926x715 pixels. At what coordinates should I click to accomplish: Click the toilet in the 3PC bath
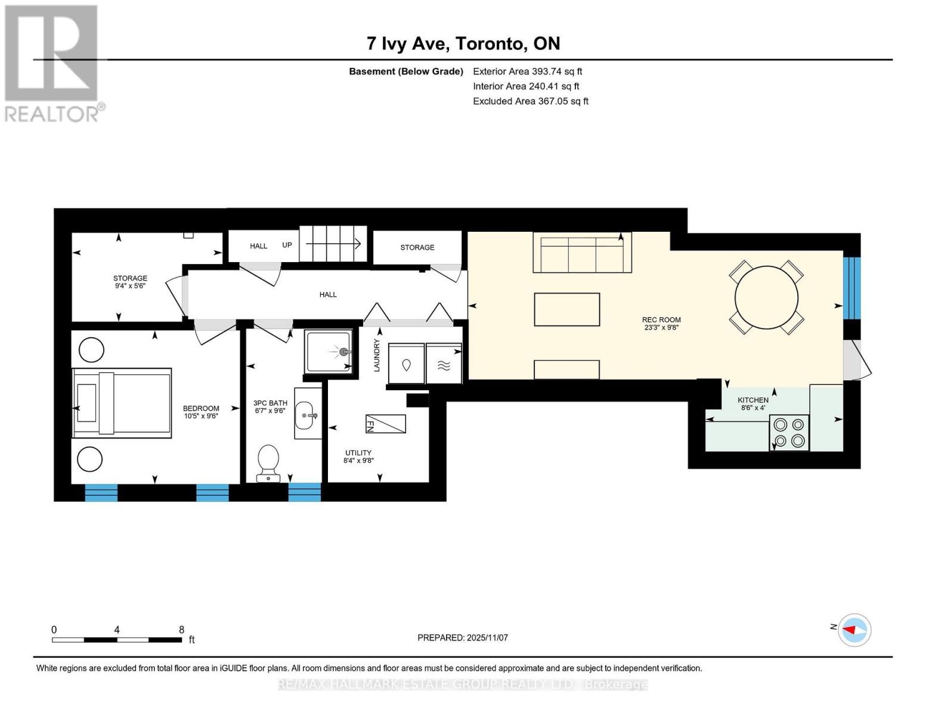[268, 464]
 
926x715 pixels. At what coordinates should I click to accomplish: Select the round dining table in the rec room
[766, 297]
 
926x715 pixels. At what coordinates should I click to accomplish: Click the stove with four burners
[789, 432]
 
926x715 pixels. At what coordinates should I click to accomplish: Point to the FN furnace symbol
[385, 424]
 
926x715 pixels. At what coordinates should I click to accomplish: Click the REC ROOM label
[661, 319]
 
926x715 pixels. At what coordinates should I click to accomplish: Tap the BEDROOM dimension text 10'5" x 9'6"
[201, 416]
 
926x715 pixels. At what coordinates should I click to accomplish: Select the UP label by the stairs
[287, 245]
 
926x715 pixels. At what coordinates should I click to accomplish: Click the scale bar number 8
[181, 629]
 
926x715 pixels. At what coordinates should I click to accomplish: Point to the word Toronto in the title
[490, 43]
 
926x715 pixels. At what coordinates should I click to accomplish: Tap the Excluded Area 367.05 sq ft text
[531, 101]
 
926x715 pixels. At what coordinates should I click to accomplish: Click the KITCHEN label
[753, 400]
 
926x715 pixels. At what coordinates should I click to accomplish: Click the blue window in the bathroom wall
[305, 492]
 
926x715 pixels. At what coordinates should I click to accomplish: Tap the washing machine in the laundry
[406, 364]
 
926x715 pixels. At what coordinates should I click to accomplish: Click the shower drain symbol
[343, 352]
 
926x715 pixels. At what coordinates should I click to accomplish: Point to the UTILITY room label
[358, 453]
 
